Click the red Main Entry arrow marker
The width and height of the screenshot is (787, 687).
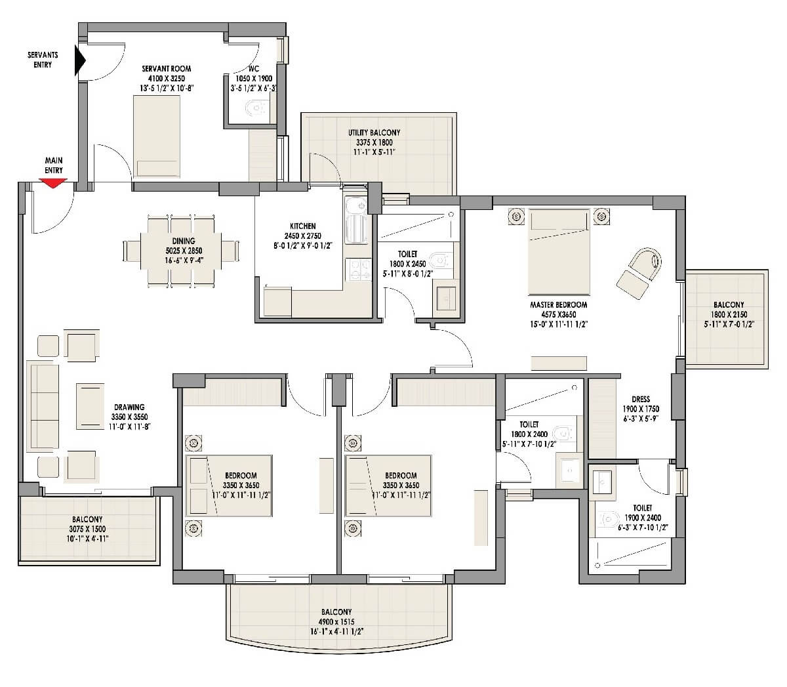pos(54,184)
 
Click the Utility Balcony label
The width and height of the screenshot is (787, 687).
pos(374,133)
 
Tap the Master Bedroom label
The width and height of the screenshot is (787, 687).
pos(558,304)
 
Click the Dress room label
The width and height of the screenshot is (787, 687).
pos(640,399)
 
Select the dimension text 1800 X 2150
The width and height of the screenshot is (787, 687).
pos(729,314)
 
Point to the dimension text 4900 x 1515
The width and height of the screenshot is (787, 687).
pos(337,621)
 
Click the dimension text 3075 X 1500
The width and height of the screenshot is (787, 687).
pos(88,529)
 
